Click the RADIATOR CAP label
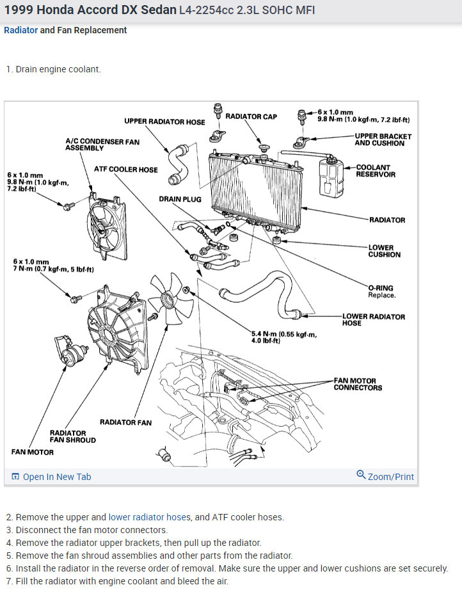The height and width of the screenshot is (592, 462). click(x=251, y=116)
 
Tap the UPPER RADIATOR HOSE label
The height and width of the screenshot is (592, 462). click(x=164, y=122)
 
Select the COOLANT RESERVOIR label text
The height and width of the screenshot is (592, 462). click(x=376, y=171)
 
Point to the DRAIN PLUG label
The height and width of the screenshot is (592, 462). click(x=180, y=199)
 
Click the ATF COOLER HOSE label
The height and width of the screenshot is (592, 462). click(x=125, y=170)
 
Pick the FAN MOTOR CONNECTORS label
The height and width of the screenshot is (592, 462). click(x=358, y=384)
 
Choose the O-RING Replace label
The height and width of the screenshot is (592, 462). click(x=381, y=292)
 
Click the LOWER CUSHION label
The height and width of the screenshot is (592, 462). click(x=384, y=251)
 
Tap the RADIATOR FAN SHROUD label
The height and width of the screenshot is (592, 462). click(x=72, y=436)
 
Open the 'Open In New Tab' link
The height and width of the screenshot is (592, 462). click(x=56, y=477)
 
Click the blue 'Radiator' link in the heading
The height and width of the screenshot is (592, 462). click(x=20, y=30)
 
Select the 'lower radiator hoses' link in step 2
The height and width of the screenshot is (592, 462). click(x=149, y=517)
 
